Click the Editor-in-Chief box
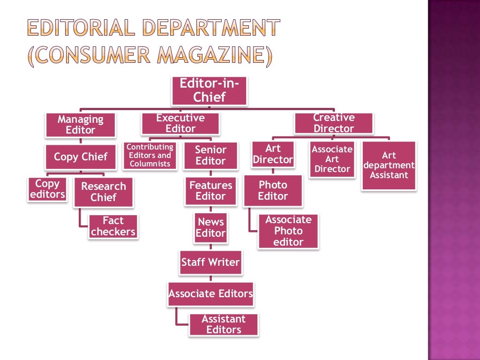[210, 91]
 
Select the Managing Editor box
[81, 125]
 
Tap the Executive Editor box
[180, 124]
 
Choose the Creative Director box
[334, 123]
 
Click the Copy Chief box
[81, 157]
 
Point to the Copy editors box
[47, 189]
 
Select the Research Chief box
[104, 192]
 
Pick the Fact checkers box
[113, 226]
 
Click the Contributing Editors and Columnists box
[150, 156]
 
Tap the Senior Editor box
[210, 156]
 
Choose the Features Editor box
[210, 191]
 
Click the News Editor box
[210, 228]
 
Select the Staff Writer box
[210, 262]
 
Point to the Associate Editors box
[210, 294]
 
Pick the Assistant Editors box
[224, 324]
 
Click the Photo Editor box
[273, 191]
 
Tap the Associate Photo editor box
[288, 231]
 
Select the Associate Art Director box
[332, 159]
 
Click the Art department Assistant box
[389, 165]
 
